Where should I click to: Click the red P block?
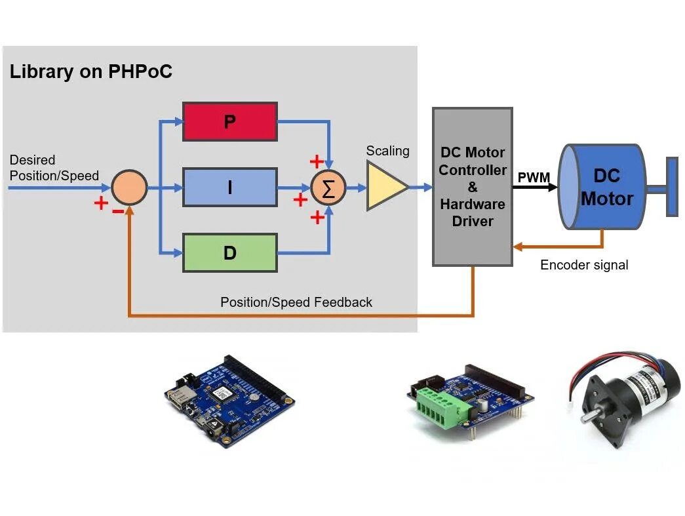pyautogui.click(x=229, y=121)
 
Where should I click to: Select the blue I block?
pyautogui.click(x=229, y=188)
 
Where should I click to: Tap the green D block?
pyautogui.click(x=229, y=252)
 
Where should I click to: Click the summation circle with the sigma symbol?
pyautogui.click(x=328, y=188)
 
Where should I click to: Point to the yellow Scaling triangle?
pyautogui.click(x=383, y=188)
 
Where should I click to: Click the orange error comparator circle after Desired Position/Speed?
pyautogui.click(x=129, y=188)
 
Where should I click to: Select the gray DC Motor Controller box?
pyautogui.click(x=472, y=187)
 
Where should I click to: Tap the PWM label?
pyautogui.click(x=534, y=177)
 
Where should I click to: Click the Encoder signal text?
pyautogui.click(x=583, y=265)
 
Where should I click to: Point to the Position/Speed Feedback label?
pyautogui.click(x=296, y=302)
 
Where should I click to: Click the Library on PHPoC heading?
pyautogui.click(x=90, y=71)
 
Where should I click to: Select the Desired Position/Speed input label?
pyautogui.click(x=54, y=168)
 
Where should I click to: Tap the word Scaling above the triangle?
pyautogui.click(x=387, y=151)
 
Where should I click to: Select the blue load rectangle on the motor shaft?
pyautogui.click(x=672, y=187)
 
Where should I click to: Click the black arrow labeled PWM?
pyautogui.click(x=535, y=188)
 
